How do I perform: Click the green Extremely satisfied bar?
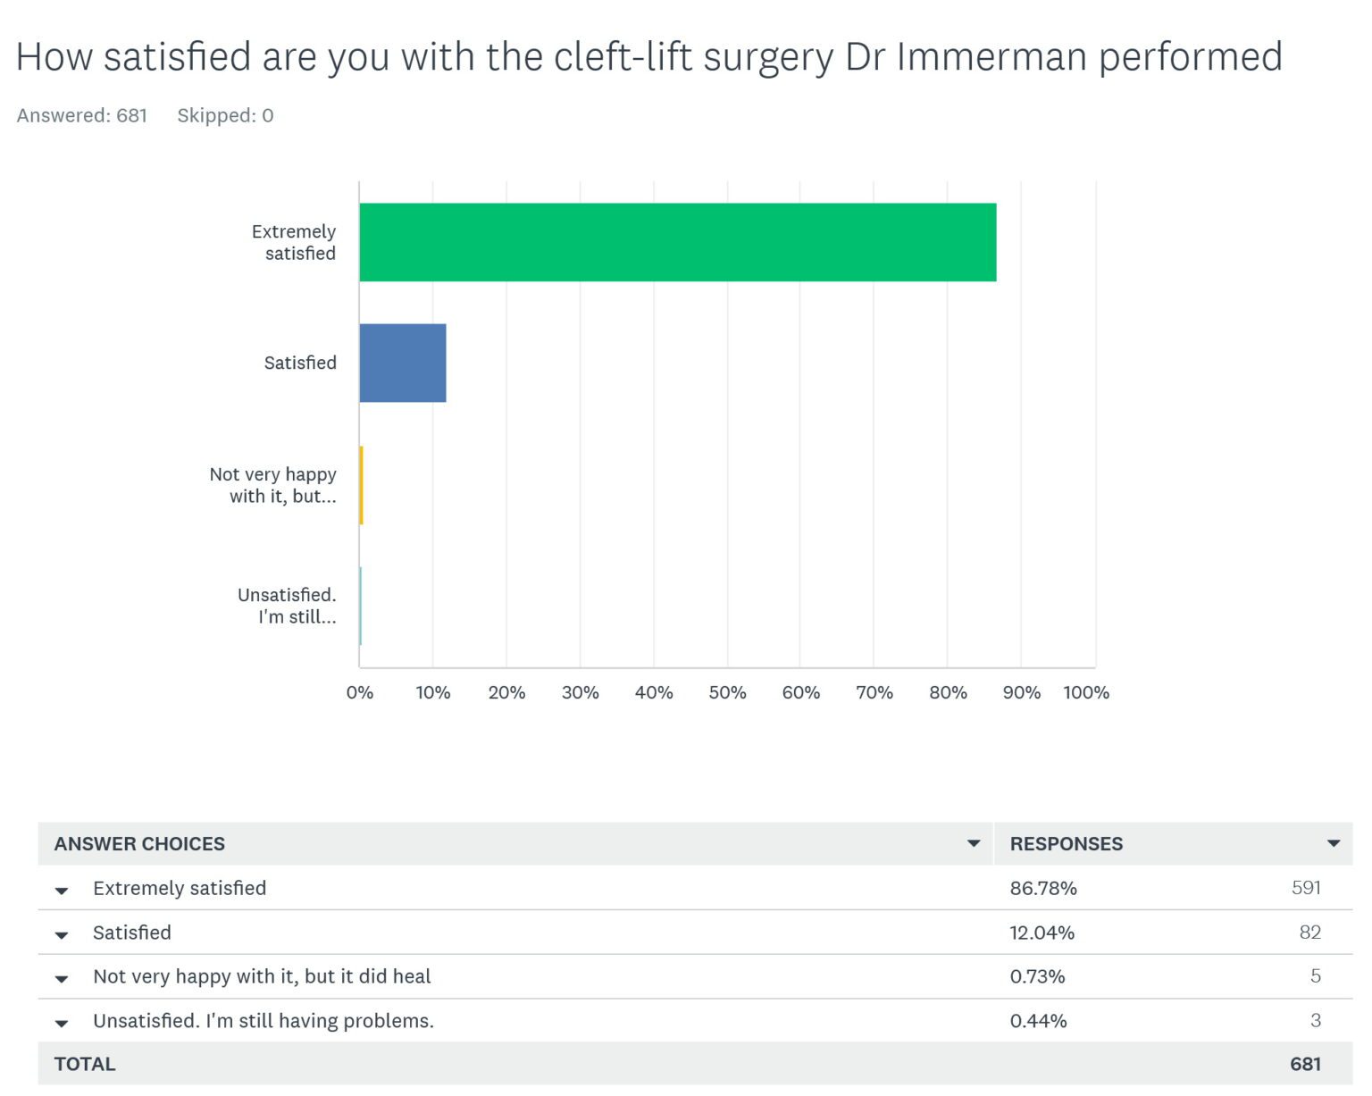(x=677, y=242)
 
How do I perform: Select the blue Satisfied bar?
(x=402, y=363)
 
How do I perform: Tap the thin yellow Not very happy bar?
(x=361, y=485)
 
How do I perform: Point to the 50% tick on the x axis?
(x=727, y=692)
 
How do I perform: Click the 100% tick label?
(x=1085, y=692)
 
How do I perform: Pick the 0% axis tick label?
(x=360, y=692)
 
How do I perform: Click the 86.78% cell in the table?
(x=1042, y=888)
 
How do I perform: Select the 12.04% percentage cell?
(x=1042, y=933)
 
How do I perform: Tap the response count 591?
(x=1306, y=887)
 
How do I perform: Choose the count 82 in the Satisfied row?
(x=1309, y=932)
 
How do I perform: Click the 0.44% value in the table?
(x=1038, y=1020)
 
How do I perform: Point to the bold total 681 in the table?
(x=1305, y=1064)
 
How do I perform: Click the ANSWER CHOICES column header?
(x=139, y=843)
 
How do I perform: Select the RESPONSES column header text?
(x=1066, y=843)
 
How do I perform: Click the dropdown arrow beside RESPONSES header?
(x=1333, y=843)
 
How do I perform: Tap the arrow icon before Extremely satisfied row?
(x=62, y=890)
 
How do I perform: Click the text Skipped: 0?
(x=225, y=115)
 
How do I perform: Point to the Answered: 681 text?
(x=81, y=115)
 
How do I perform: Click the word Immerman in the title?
(x=991, y=56)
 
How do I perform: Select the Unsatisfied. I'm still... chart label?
(x=287, y=606)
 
